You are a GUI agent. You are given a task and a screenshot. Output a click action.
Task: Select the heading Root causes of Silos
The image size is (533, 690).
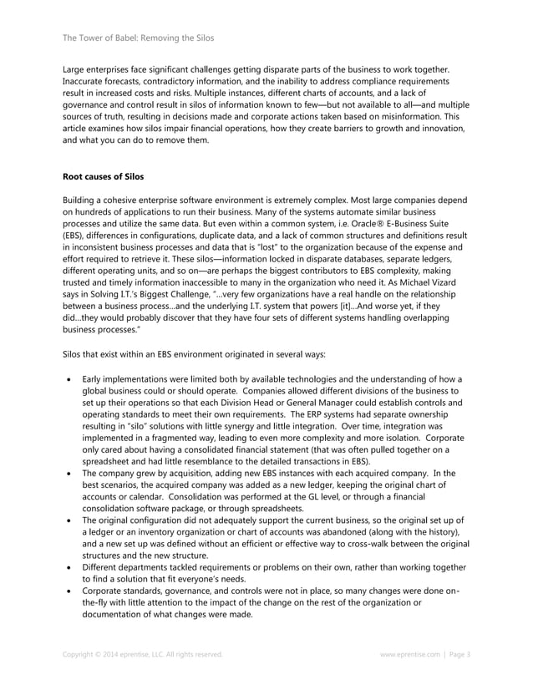(x=104, y=177)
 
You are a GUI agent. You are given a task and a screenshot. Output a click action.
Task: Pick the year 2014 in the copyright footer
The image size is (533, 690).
(x=112, y=654)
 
